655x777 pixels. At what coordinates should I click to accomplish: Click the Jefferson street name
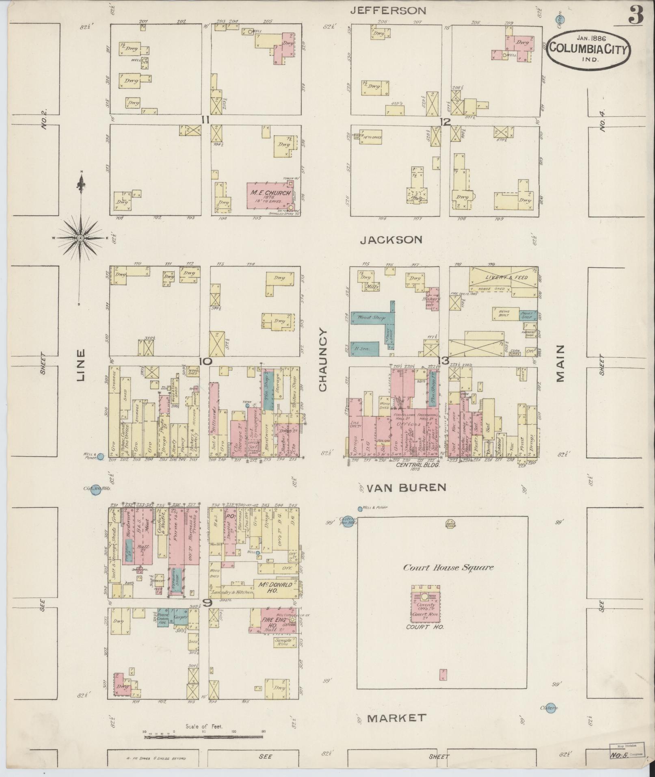tap(388, 11)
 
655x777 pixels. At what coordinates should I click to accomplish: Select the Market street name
tap(396, 718)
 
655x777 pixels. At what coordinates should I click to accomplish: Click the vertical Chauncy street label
tap(323, 360)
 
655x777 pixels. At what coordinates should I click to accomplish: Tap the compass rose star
tap(81, 238)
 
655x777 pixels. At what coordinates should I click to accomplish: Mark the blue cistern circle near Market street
tap(550, 707)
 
